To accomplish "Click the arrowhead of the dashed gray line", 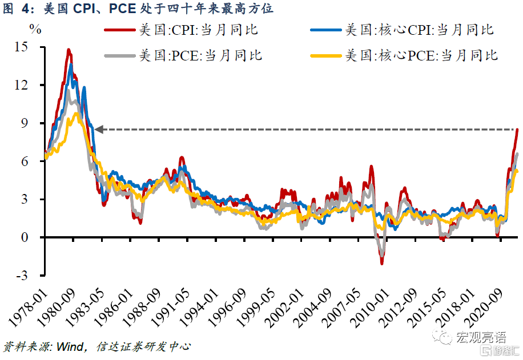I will coord(98,130).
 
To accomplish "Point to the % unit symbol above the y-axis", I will coord(35,29).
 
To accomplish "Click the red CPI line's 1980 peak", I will coord(69,50).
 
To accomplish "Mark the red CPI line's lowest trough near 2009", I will coord(382,263).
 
